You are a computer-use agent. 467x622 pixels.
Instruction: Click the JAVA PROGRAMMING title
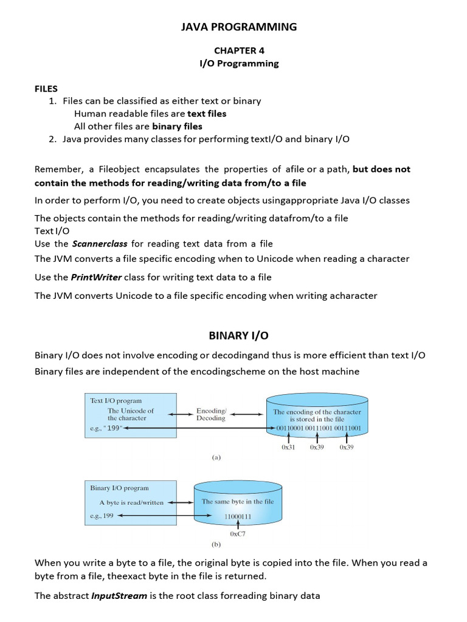[x=239, y=27]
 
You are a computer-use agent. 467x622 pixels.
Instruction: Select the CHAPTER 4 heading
[x=239, y=51]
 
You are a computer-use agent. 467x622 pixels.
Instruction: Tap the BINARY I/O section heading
[x=238, y=335]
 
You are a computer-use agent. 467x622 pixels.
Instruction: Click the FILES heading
[x=46, y=89]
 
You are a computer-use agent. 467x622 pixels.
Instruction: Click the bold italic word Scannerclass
[x=100, y=244]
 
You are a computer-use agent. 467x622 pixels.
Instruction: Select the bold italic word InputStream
[x=119, y=595]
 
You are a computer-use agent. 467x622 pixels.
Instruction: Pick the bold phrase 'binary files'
[x=177, y=126]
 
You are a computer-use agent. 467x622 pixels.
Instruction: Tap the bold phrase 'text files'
[x=207, y=114]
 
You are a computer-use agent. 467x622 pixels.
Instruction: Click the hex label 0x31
[x=288, y=447]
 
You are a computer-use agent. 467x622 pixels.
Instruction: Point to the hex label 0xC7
[x=238, y=534]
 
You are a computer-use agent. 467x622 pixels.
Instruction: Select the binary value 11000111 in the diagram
[x=234, y=516]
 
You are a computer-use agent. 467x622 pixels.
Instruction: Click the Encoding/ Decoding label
[x=211, y=414]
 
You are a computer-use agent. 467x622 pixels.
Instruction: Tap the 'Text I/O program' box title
[x=116, y=401]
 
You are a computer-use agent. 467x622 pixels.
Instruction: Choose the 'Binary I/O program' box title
[x=119, y=488]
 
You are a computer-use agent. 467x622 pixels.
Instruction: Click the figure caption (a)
[x=216, y=458]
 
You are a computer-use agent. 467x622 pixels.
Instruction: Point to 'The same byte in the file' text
[x=238, y=502]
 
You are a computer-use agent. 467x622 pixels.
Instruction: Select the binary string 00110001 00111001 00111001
[x=319, y=428]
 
